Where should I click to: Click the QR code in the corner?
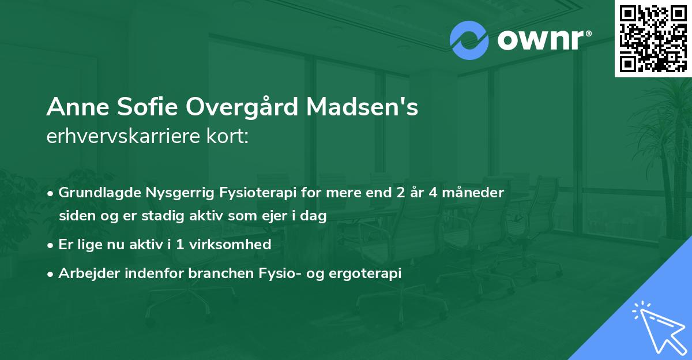tap(653, 38)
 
